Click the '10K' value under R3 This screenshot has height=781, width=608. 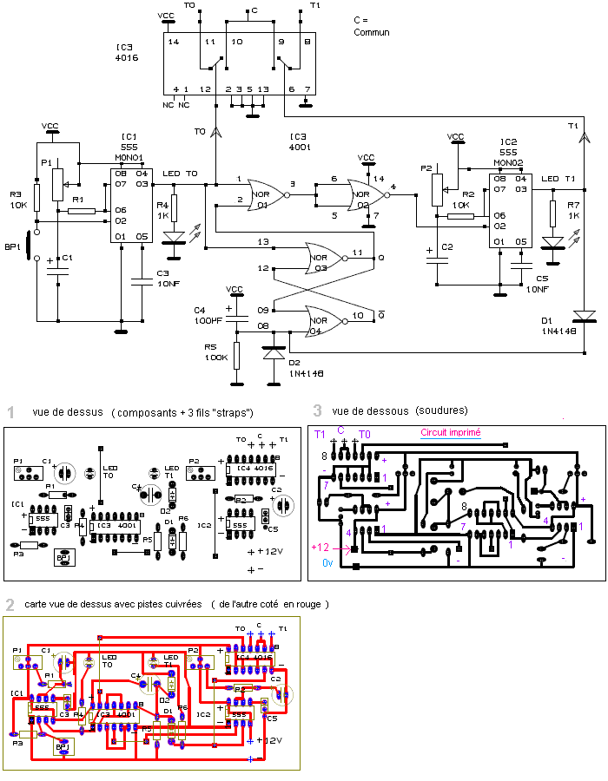(x=19, y=206)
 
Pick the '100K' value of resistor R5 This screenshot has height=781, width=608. (x=217, y=357)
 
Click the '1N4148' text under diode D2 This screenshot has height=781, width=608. (x=306, y=372)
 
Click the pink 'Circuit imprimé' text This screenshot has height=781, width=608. (x=450, y=432)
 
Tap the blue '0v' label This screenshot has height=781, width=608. (x=327, y=562)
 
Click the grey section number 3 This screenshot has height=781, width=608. (x=318, y=410)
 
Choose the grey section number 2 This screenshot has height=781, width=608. (x=10, y=604)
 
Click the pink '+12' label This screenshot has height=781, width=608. (x=321, y=548)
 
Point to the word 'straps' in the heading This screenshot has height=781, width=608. (x=234, y=412)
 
